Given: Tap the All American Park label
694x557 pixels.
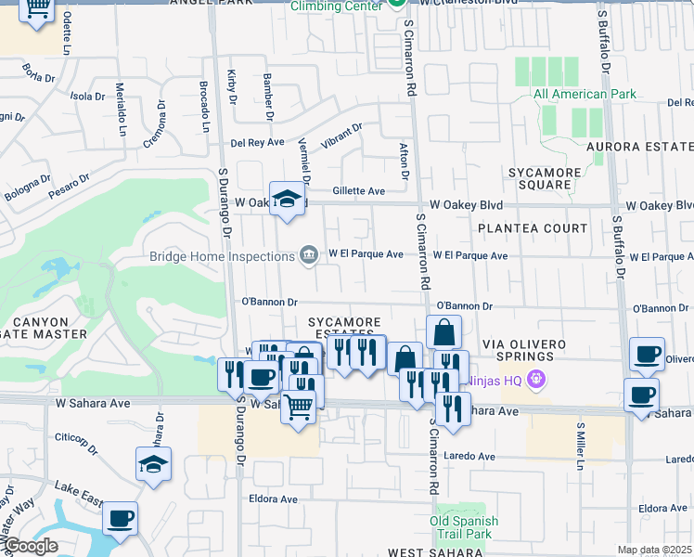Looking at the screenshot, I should click(x=585, y=94).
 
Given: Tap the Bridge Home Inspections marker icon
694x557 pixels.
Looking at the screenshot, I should click(x=308, y=254).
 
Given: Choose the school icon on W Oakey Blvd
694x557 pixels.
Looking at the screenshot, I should click(x=287, y=198).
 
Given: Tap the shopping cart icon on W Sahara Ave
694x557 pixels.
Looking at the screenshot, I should click(x=298, y=406).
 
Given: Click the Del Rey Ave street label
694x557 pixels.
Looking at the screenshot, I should click(x=257, y=142).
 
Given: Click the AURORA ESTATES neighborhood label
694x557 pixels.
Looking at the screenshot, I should click(x=639, y=147).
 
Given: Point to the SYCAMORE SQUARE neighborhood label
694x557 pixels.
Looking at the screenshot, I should click(x=545, y=178).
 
